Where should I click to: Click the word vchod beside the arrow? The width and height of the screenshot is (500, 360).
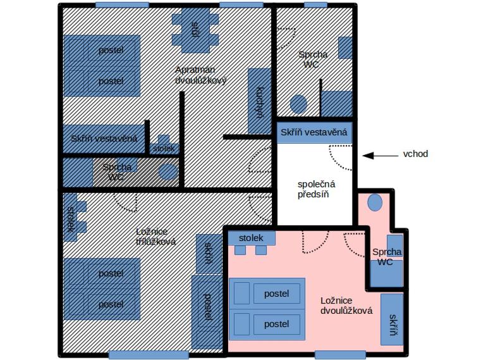point(415,154)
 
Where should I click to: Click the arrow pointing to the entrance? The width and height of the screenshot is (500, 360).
point(380,156)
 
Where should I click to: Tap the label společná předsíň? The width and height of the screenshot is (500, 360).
point(316,189)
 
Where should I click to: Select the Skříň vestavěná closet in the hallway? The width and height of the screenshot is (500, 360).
point(314,132)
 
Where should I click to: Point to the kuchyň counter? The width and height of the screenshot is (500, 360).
point(259,101)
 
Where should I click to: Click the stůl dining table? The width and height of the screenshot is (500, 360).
point(195,30)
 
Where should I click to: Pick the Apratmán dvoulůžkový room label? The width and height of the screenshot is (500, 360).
point(200,75)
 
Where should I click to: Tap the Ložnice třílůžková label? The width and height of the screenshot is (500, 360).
point(155,237)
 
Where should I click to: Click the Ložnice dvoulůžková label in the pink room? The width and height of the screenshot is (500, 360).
point(346,306)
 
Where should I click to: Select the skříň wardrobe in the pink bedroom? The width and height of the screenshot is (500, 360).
point(392,320)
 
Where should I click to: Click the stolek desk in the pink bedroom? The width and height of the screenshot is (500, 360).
point(252,238)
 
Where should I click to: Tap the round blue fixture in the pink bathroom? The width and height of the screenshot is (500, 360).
point(375,202)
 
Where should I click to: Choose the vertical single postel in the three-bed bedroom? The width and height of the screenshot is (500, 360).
point(207,312)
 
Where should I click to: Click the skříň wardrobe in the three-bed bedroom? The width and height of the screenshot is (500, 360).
point(209,254)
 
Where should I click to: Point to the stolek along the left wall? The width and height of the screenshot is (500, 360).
point(70,218)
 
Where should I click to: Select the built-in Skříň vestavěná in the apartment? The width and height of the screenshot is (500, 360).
point(104,139)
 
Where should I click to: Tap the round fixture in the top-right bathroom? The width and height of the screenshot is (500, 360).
point(298,104)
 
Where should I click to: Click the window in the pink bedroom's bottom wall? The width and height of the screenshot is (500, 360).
point(340,354)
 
